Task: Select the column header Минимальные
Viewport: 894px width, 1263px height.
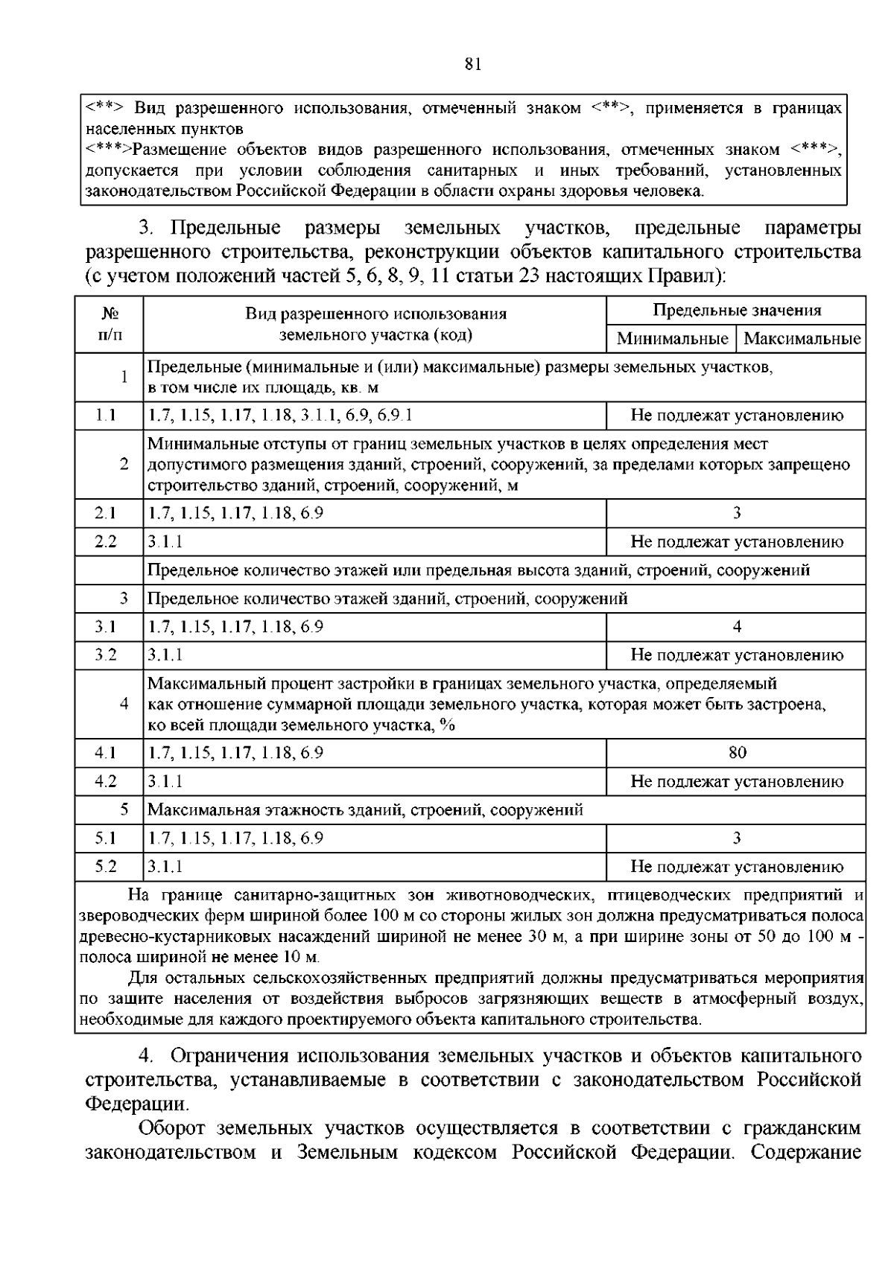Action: [672, 339]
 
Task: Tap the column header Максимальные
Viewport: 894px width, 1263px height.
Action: [802, 339]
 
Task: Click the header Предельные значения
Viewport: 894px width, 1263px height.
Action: [737, 311]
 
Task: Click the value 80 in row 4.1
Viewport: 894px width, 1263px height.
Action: [737, 753]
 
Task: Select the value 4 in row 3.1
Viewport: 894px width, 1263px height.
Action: [737, 627]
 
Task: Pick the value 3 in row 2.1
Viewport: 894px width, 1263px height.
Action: [737, 513]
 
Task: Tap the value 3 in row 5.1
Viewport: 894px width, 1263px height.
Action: [737, 839]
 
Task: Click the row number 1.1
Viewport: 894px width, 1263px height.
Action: [106, 416]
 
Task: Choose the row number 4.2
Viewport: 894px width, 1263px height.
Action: [106, 781]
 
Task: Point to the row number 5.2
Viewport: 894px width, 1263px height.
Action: [106, 867]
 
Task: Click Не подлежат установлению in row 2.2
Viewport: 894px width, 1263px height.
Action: [737, 541]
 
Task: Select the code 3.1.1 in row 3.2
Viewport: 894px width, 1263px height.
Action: [165, 655]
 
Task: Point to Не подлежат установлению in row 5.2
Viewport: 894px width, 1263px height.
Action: [737, 867]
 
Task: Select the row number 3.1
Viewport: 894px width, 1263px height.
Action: [106, 627]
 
